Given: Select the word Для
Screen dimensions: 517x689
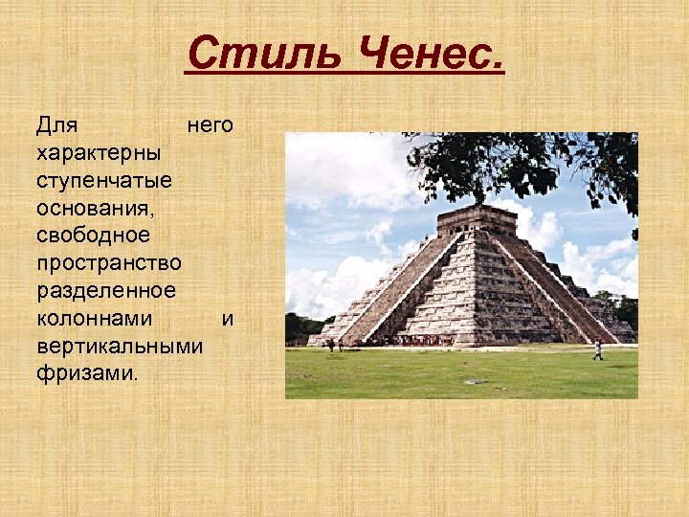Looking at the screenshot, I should point(56,124).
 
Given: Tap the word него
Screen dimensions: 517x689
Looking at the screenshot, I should point(210,124).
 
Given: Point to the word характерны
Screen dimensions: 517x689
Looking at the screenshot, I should point(99,152).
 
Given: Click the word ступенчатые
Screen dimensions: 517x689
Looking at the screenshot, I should point(103,180).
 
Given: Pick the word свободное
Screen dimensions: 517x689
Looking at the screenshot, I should point(92,235).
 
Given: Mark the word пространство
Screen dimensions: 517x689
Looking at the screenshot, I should point(107,262).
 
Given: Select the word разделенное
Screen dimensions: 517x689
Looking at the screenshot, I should point(105,290).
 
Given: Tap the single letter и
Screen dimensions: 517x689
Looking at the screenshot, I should point(227,318).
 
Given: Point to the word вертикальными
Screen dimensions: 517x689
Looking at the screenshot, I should point(119,346).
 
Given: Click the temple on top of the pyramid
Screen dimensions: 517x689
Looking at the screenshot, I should point(476,219).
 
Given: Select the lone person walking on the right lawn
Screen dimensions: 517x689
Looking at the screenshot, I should point(598,349).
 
